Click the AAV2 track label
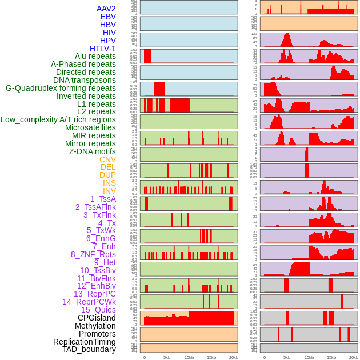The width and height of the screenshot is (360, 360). point(106,9)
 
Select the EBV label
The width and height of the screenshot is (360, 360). point(108,17)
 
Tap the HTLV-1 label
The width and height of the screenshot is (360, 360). point(102,49)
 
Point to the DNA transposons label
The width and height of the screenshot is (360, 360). point(85,80)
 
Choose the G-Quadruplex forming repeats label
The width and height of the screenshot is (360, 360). point(61,88)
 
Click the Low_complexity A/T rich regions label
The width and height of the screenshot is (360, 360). point(58,119)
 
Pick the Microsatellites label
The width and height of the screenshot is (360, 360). point(90,127)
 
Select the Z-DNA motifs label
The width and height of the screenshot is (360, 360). point(93,151)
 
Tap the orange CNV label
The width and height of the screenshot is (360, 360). point(107,159)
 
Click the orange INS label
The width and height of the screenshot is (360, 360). point(109,183)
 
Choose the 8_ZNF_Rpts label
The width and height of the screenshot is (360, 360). point(93,254)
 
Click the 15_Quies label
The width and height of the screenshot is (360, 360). point(98,310)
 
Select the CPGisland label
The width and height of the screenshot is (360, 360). point(97,318)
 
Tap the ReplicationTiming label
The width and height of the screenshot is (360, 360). point(85,342)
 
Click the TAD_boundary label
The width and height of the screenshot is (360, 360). point(89,349)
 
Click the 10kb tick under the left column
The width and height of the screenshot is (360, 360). point(189,357)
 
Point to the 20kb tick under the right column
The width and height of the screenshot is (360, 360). point(354,357)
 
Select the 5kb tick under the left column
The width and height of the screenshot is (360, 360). point(167,357)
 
